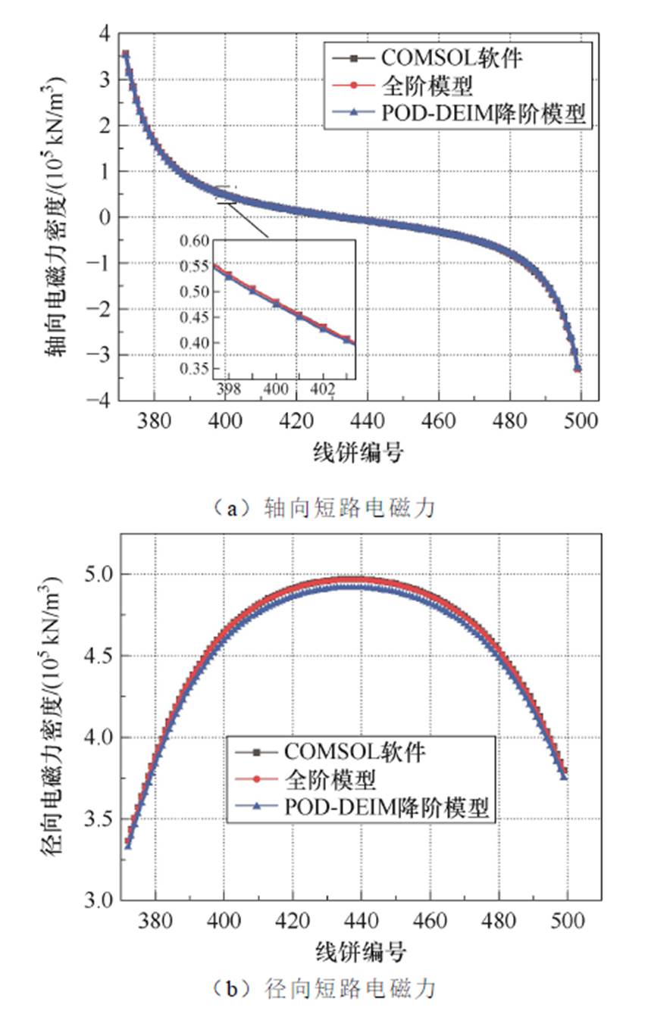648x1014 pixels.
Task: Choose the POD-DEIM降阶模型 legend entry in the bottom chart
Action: (390, 807)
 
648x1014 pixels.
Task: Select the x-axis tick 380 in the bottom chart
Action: (155, 921)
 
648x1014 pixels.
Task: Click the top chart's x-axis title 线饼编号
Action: (358, 454)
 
